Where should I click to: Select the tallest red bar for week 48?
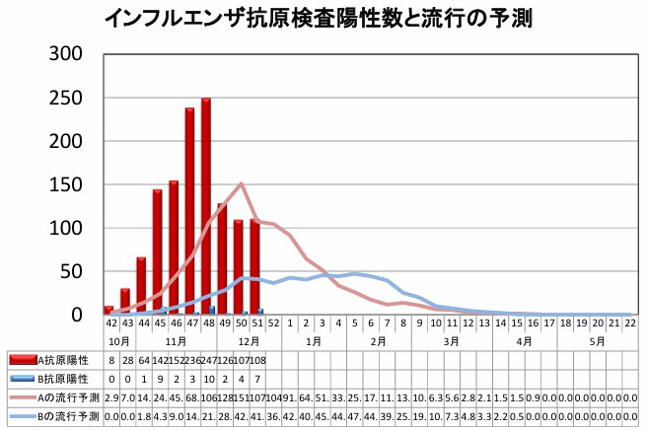pyautogui.click(x=206, y=206)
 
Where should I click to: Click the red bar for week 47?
pyautogui.click(x=189, y=211)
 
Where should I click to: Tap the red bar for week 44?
pyautogui.click(x=141, y=286)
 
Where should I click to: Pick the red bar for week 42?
pyautogui.click(x=108, y=310)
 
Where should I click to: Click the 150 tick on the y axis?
pyautogui.click(x=77, y=184)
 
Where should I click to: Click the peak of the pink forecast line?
pyautogui.click(x=242, y=183)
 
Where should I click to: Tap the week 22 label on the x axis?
pyautogui.click(x=628, y=322)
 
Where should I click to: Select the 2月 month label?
pyautogui.click(x=378, y=339)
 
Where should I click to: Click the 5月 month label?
pyautogui.click(x=597, y=339)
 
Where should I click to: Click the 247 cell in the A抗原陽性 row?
pyautogui.click(x=207, y=360)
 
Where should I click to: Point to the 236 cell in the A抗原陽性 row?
pyautogui.click(x=190, y=360)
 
